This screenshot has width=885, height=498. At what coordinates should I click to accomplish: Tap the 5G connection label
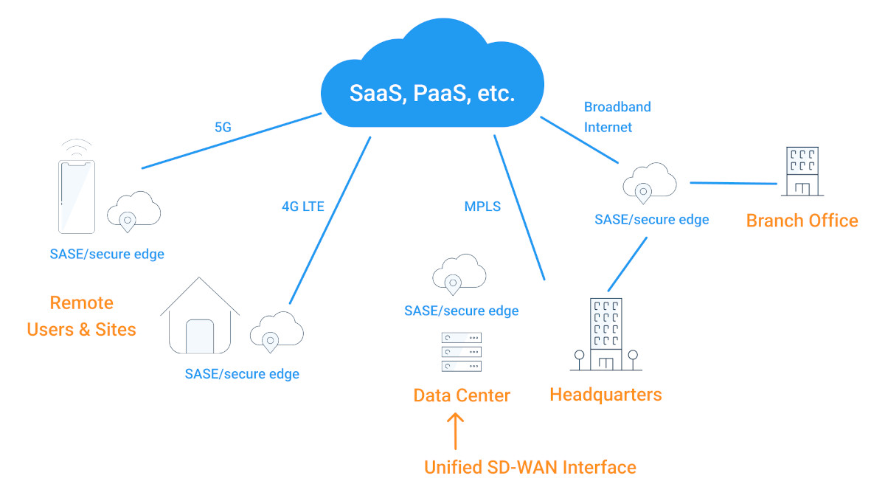[x=223, y=127]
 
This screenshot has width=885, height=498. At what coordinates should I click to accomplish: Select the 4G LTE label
[x=302, y=206]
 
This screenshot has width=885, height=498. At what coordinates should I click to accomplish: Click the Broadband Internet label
[x=617, y=117]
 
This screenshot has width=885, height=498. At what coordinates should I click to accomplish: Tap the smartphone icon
[x=77, y=188]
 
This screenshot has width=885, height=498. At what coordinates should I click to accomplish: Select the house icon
[x=200, y=317]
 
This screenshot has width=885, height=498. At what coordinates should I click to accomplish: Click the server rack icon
[x=461, y=353]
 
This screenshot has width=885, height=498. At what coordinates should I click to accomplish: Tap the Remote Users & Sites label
[x=81, y=316]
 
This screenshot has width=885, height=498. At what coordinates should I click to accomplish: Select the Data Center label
[x=462, y=395]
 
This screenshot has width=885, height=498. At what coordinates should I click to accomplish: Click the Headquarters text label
[x=605, y=395]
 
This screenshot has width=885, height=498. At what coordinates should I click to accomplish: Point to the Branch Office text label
[x=802, y=221]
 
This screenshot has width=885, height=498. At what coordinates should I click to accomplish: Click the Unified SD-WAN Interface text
[x=530, y=467]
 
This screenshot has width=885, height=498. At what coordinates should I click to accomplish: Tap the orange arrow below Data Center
[x=457, y=432]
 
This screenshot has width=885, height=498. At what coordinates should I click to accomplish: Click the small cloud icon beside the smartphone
[x=133, y=210]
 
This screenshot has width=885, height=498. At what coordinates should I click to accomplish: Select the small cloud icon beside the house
[x=277, y=331]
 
